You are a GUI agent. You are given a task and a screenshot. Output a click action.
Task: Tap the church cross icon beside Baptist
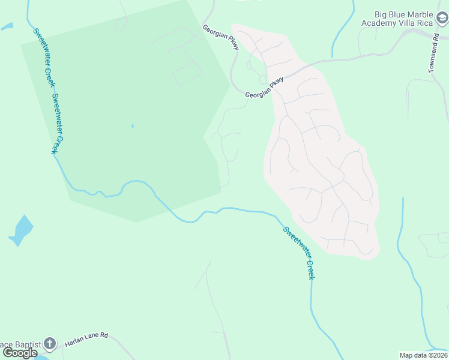49,344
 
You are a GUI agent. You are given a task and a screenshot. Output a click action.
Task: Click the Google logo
20,353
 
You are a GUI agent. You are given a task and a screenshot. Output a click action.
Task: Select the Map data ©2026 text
423,355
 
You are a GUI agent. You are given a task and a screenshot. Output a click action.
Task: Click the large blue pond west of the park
22,230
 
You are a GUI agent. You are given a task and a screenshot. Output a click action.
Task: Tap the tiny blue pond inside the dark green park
132,127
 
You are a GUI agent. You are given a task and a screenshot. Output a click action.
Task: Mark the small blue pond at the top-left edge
7,26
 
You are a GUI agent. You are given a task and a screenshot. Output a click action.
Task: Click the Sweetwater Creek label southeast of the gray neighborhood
298,252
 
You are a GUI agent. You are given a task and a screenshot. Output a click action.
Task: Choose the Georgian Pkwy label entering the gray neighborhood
264,88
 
